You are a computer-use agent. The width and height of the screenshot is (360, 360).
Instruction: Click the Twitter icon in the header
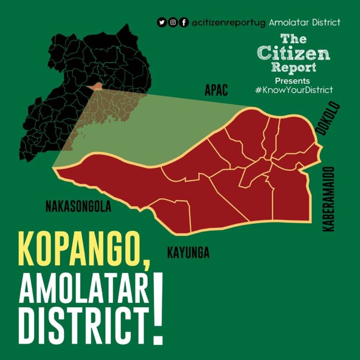pos(162,22)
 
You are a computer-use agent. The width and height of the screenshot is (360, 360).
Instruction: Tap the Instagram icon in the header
pos(173,22)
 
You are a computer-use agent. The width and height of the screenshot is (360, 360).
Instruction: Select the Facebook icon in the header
pos(184,22)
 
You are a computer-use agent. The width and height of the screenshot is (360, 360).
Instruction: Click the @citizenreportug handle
pos(229,22)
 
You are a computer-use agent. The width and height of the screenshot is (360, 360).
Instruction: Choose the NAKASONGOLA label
pos(78,207)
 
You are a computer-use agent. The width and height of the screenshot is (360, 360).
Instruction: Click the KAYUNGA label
pos(188,254)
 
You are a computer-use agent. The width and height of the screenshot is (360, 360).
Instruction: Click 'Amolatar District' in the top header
pos(305,22)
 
